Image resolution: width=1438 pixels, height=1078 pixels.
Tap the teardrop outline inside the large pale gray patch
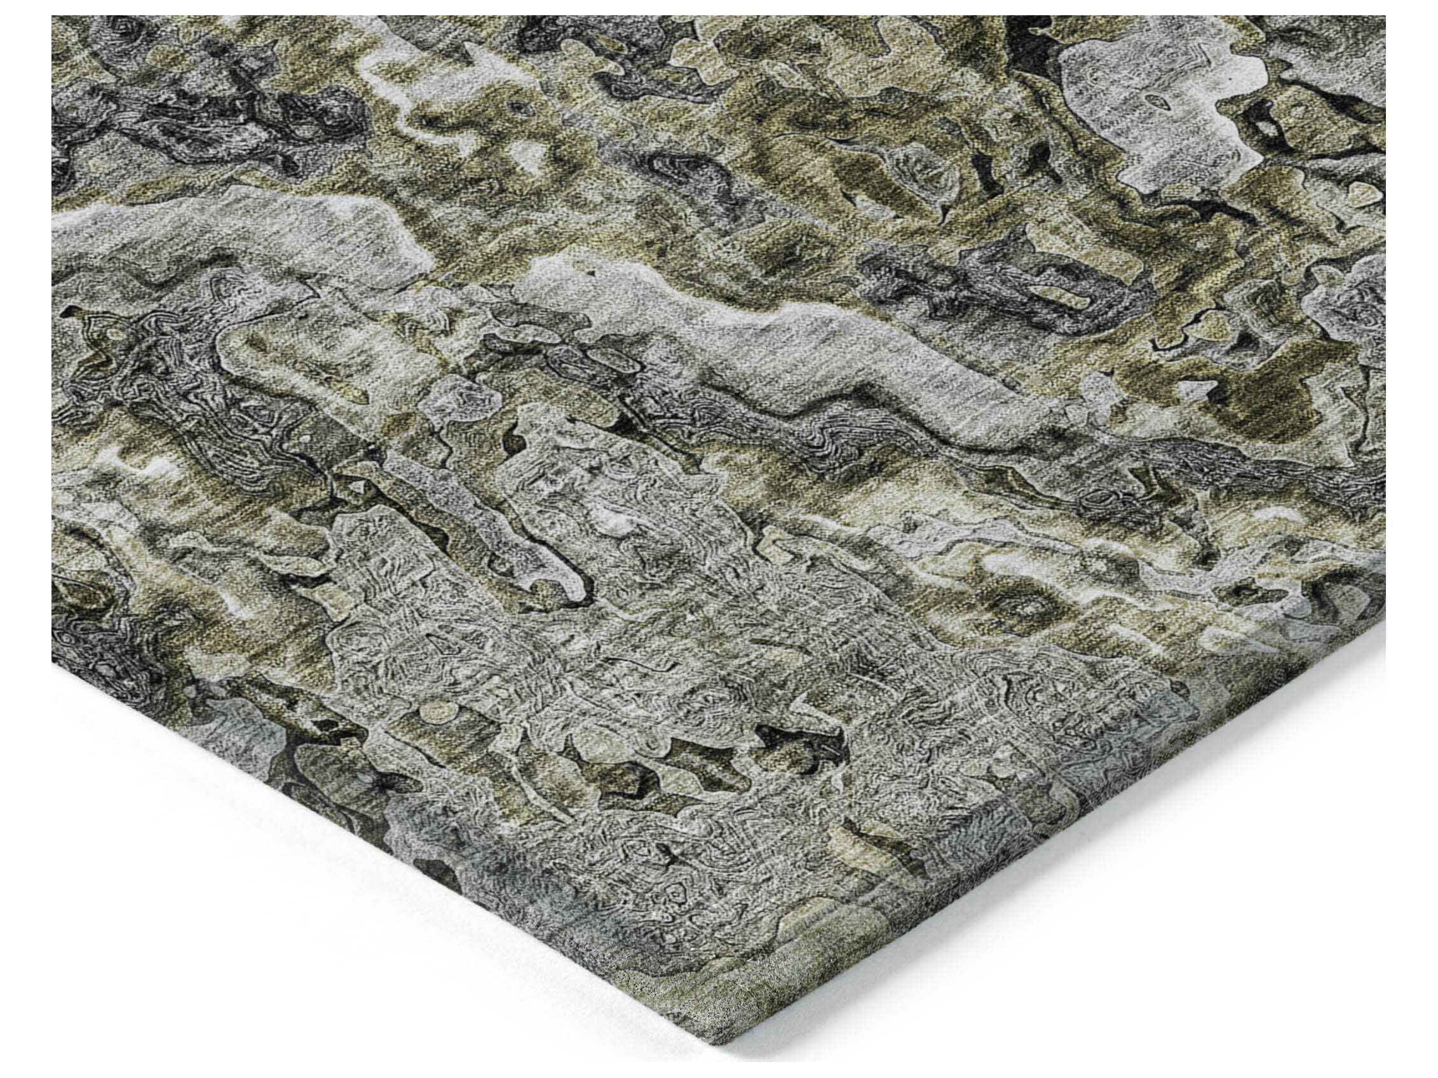1156,101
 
